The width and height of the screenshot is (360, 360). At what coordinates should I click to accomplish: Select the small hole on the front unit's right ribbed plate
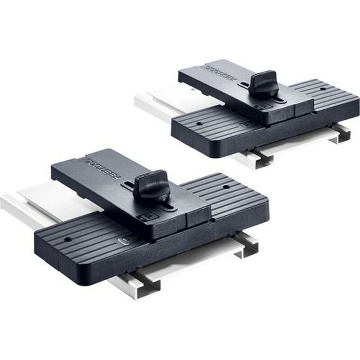click(x=226, y=186)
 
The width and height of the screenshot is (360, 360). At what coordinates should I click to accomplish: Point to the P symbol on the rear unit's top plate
click(x=263, y=108)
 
